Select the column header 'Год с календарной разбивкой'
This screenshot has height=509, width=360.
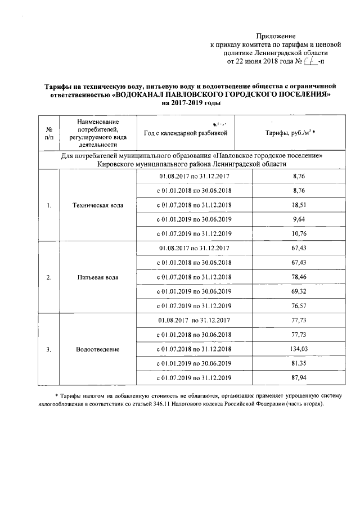coord(185,133)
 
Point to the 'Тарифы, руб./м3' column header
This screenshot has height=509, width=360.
coord(290,133)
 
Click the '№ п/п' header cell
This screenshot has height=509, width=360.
coord(49,133)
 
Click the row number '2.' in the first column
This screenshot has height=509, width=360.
coord(49,277)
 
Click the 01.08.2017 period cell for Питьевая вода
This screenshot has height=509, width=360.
coord(194,248)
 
